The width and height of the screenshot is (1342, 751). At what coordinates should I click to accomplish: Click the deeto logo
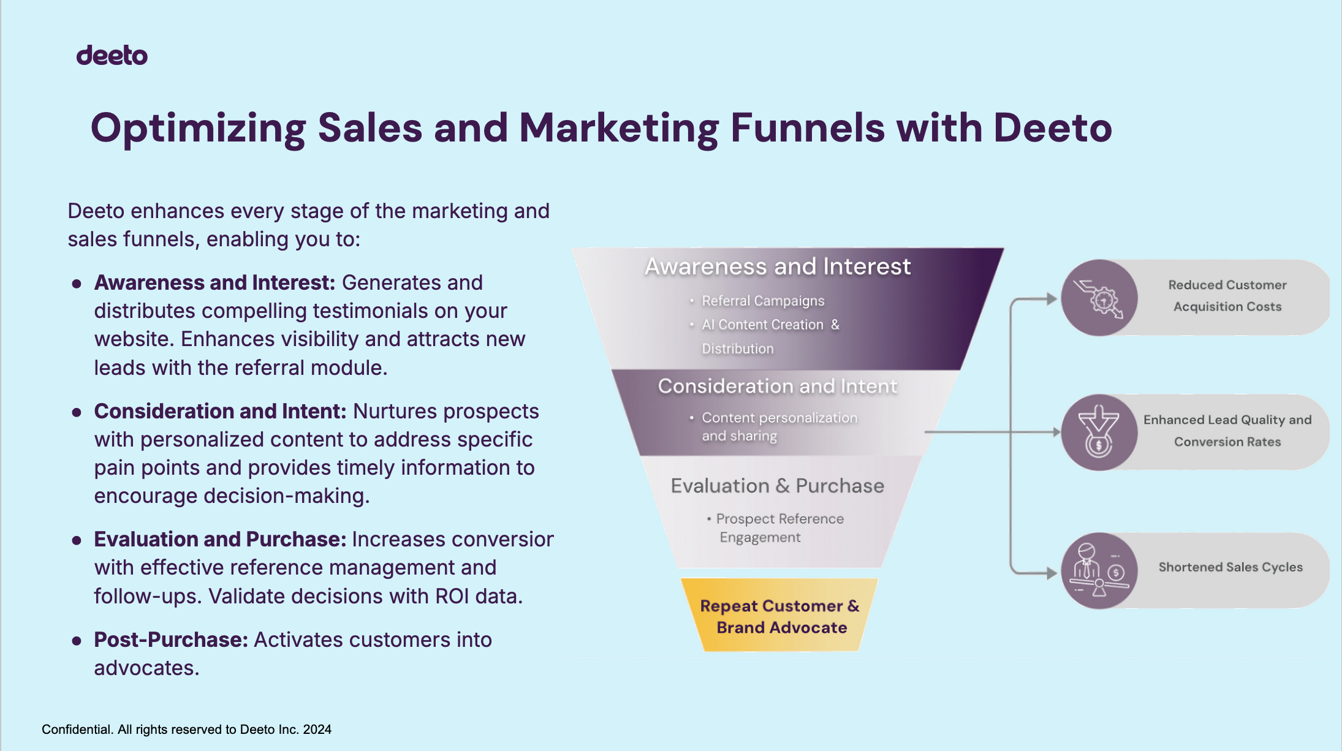[112, 55]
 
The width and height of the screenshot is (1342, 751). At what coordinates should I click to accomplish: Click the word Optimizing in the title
[198, 129]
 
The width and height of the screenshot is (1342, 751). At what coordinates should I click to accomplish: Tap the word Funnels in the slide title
[807, 128]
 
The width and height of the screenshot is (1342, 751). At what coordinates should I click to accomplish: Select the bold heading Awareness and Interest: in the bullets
[215, 282]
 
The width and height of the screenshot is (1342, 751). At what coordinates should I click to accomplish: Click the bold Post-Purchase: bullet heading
[171, 640]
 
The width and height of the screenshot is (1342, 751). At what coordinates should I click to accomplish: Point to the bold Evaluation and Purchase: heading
[220, 539]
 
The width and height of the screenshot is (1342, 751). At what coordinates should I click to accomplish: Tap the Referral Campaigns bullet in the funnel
[763, 301]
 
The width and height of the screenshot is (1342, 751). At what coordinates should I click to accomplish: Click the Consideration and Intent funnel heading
[778, 386]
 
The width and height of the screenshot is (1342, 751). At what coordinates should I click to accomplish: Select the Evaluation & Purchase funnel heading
[778, 486]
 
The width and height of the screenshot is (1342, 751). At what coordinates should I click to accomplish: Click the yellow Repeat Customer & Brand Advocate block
[779, 615]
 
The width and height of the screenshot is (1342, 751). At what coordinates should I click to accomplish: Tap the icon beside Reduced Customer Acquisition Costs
[1099, 298]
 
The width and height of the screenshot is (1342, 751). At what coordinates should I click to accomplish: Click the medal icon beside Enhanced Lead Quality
[1099, 432]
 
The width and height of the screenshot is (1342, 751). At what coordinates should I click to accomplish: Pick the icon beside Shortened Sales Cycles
[1099, 571]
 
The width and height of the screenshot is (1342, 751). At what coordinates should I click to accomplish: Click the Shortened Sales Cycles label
[1230, 567]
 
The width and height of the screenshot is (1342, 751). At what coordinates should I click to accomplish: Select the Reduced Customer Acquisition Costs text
[1227, 296]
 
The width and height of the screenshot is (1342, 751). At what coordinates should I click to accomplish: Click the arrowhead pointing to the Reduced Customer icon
[1052, 299]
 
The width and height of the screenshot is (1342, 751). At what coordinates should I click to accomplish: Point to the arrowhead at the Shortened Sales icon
[1052, 573]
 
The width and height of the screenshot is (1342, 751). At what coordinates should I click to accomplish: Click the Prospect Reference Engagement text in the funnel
[776, 528]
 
